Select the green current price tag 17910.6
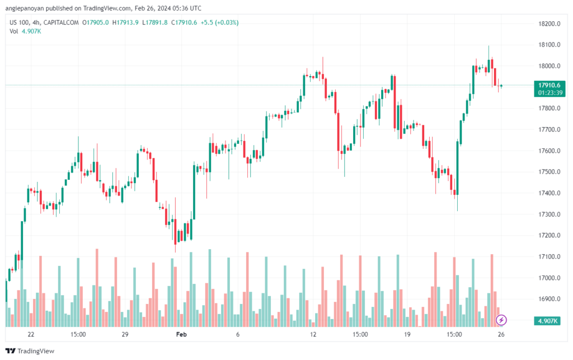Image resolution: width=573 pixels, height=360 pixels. tap(549, 85)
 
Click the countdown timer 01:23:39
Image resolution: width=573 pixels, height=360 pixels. tap(549, 92)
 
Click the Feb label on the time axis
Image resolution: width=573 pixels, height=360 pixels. tap(181, 335)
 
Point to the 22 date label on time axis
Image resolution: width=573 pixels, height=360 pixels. tap(31, 335)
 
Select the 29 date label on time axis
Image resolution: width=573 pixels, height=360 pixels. tap(125, 335)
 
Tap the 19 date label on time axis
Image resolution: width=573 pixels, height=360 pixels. tap(407, 335)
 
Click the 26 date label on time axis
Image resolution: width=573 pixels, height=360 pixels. tap(502, 335)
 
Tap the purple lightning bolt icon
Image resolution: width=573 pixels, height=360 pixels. tap(502, 320)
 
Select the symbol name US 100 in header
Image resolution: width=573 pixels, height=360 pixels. tap(21, 22)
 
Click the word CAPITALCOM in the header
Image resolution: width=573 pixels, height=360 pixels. tap(64, 22)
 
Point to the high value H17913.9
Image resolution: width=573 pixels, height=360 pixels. tap(125, 22)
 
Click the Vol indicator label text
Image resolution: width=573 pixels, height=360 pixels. tap(13, 31)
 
